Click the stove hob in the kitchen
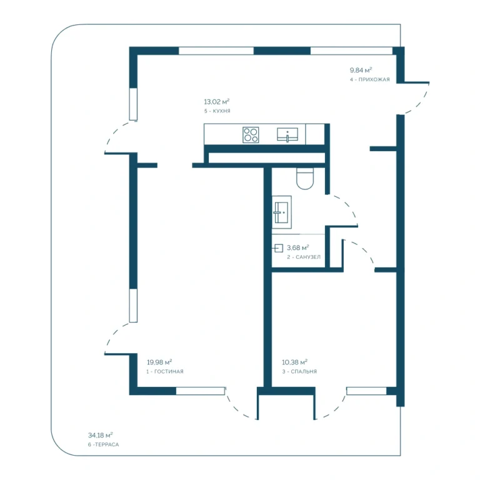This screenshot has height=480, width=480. tap(251, 135)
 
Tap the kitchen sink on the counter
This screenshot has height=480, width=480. tap(287, 135)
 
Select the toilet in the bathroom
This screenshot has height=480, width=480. tap(305, 179)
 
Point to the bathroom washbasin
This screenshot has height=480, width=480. tap(282, 212)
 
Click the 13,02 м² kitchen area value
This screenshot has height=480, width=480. tap(217, 102)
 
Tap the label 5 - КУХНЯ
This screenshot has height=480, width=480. tap(217, 111)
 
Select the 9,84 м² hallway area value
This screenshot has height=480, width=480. tap(361, 70)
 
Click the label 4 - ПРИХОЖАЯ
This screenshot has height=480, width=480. tap(370, 79)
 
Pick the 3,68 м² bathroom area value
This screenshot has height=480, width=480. tap(298, 247)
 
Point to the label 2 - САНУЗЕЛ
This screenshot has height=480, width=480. tap(304, 257)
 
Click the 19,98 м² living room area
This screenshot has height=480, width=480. tap(159, 362)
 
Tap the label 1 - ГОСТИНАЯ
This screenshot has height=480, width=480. tap(165, 372)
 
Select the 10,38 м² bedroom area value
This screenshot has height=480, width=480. tap(295, 362)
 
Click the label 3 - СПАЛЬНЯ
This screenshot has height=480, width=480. tap(299, 372)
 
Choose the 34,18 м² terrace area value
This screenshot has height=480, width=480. tap(101, 435)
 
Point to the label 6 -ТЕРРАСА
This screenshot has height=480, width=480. tap(104, 444)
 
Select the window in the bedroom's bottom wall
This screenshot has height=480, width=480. tap(366, 391)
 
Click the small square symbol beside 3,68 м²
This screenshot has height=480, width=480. tap(279, 248)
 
